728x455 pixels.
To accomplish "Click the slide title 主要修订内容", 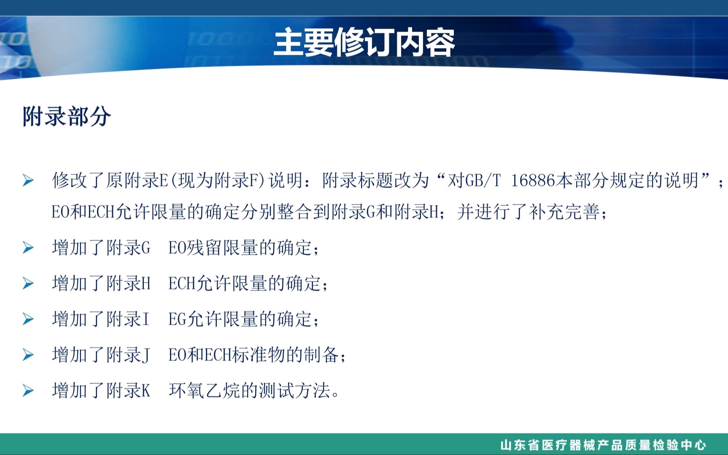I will click(x=364, y=43).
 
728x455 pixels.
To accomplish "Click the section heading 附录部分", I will click(x=67, y=117).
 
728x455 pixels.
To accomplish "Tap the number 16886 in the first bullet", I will click(x=533, y=180).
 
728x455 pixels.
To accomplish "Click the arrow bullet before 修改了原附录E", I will click(x=28, y=180).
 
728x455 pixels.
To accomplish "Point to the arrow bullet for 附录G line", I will click(x=28, y=248).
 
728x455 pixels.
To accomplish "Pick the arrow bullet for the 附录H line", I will click(x=28, y=283).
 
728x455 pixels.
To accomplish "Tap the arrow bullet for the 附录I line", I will click(x=28, y=319).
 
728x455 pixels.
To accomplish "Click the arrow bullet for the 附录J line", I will click(x=28, y=355).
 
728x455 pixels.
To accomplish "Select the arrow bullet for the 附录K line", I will click(x=28, y=391).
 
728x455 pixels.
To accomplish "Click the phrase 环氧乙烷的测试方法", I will click(x=249, y=391).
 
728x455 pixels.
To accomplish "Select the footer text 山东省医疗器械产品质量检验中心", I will click(x=603, y=445).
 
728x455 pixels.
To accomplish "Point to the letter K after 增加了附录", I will click(x=146, y=391).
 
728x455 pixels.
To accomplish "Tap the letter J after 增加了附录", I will click(x=146, y=355).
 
